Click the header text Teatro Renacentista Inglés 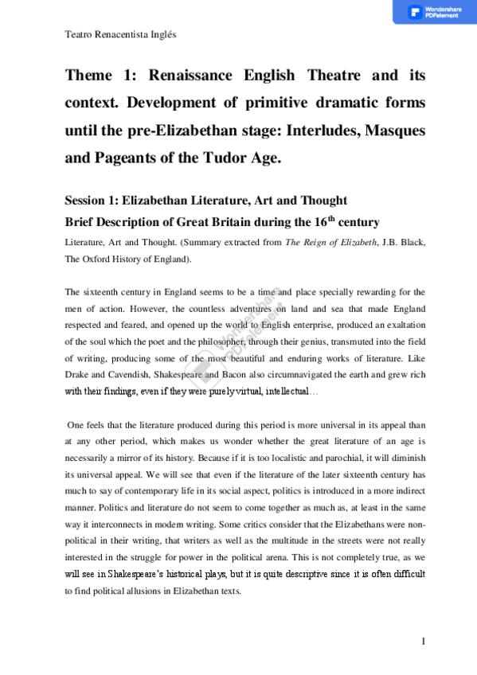pos(119,36)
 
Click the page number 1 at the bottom pos(424,642)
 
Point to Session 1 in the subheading pos(88,200)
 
